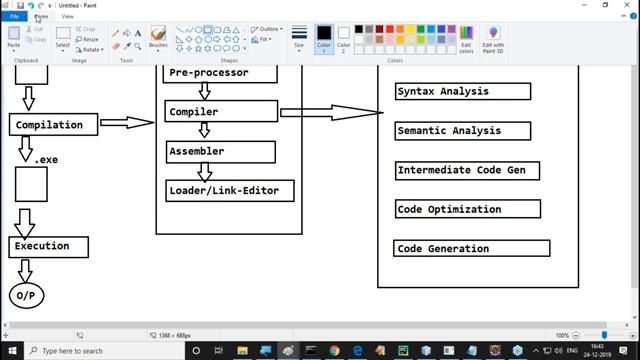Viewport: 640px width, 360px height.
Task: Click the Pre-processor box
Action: tap(221, 73)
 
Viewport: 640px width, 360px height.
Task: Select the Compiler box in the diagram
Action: tap(221, 112)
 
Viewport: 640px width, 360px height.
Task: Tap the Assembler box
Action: tap(221, 151)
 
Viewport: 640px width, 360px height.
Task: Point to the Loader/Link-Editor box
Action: tap(230, 190)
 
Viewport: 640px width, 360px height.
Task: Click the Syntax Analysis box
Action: tap(462, 92)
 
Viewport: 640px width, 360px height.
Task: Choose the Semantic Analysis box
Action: tap(462, 131)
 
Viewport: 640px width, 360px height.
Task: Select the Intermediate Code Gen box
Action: tap(467, 170)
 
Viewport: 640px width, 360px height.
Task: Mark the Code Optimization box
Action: tap(467, 209)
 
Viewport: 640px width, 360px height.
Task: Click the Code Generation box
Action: tap(471, 248)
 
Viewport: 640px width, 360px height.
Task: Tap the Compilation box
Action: tap(54, 125)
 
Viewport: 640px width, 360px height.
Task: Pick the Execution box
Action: tap(49, 246)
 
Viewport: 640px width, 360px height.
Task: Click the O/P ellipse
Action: tap(26, 296)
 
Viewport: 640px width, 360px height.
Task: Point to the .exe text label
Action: tap(47, 160)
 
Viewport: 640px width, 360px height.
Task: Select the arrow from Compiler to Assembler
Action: tap(205, 131)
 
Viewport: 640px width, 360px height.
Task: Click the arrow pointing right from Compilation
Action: tap(127, 123)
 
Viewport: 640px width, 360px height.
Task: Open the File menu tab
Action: tap(15, 16)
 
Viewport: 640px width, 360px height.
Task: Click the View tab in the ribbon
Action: tap(67, 16)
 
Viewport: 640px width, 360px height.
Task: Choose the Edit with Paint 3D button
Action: tap(493, 39)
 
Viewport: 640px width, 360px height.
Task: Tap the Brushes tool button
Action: tap(158, 38)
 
